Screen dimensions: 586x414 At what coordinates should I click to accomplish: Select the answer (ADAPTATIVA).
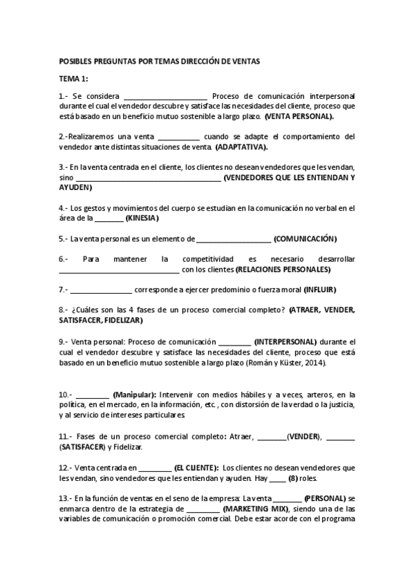pyautogui.click(x=242, y=147)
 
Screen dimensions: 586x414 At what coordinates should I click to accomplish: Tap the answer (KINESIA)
pyautogui.click(x=142, y=218)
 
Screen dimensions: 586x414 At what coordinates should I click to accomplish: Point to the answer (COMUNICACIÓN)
pyautogui.click(x=305, y=239)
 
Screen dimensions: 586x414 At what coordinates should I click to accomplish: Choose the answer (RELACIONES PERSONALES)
pyautogui.click(x=283, y=269)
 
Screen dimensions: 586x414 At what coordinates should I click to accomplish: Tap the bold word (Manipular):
pyautogui.click(x=135, y=395)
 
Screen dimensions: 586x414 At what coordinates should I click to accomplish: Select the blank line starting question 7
pyautogui.click(x=101, y=290)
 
